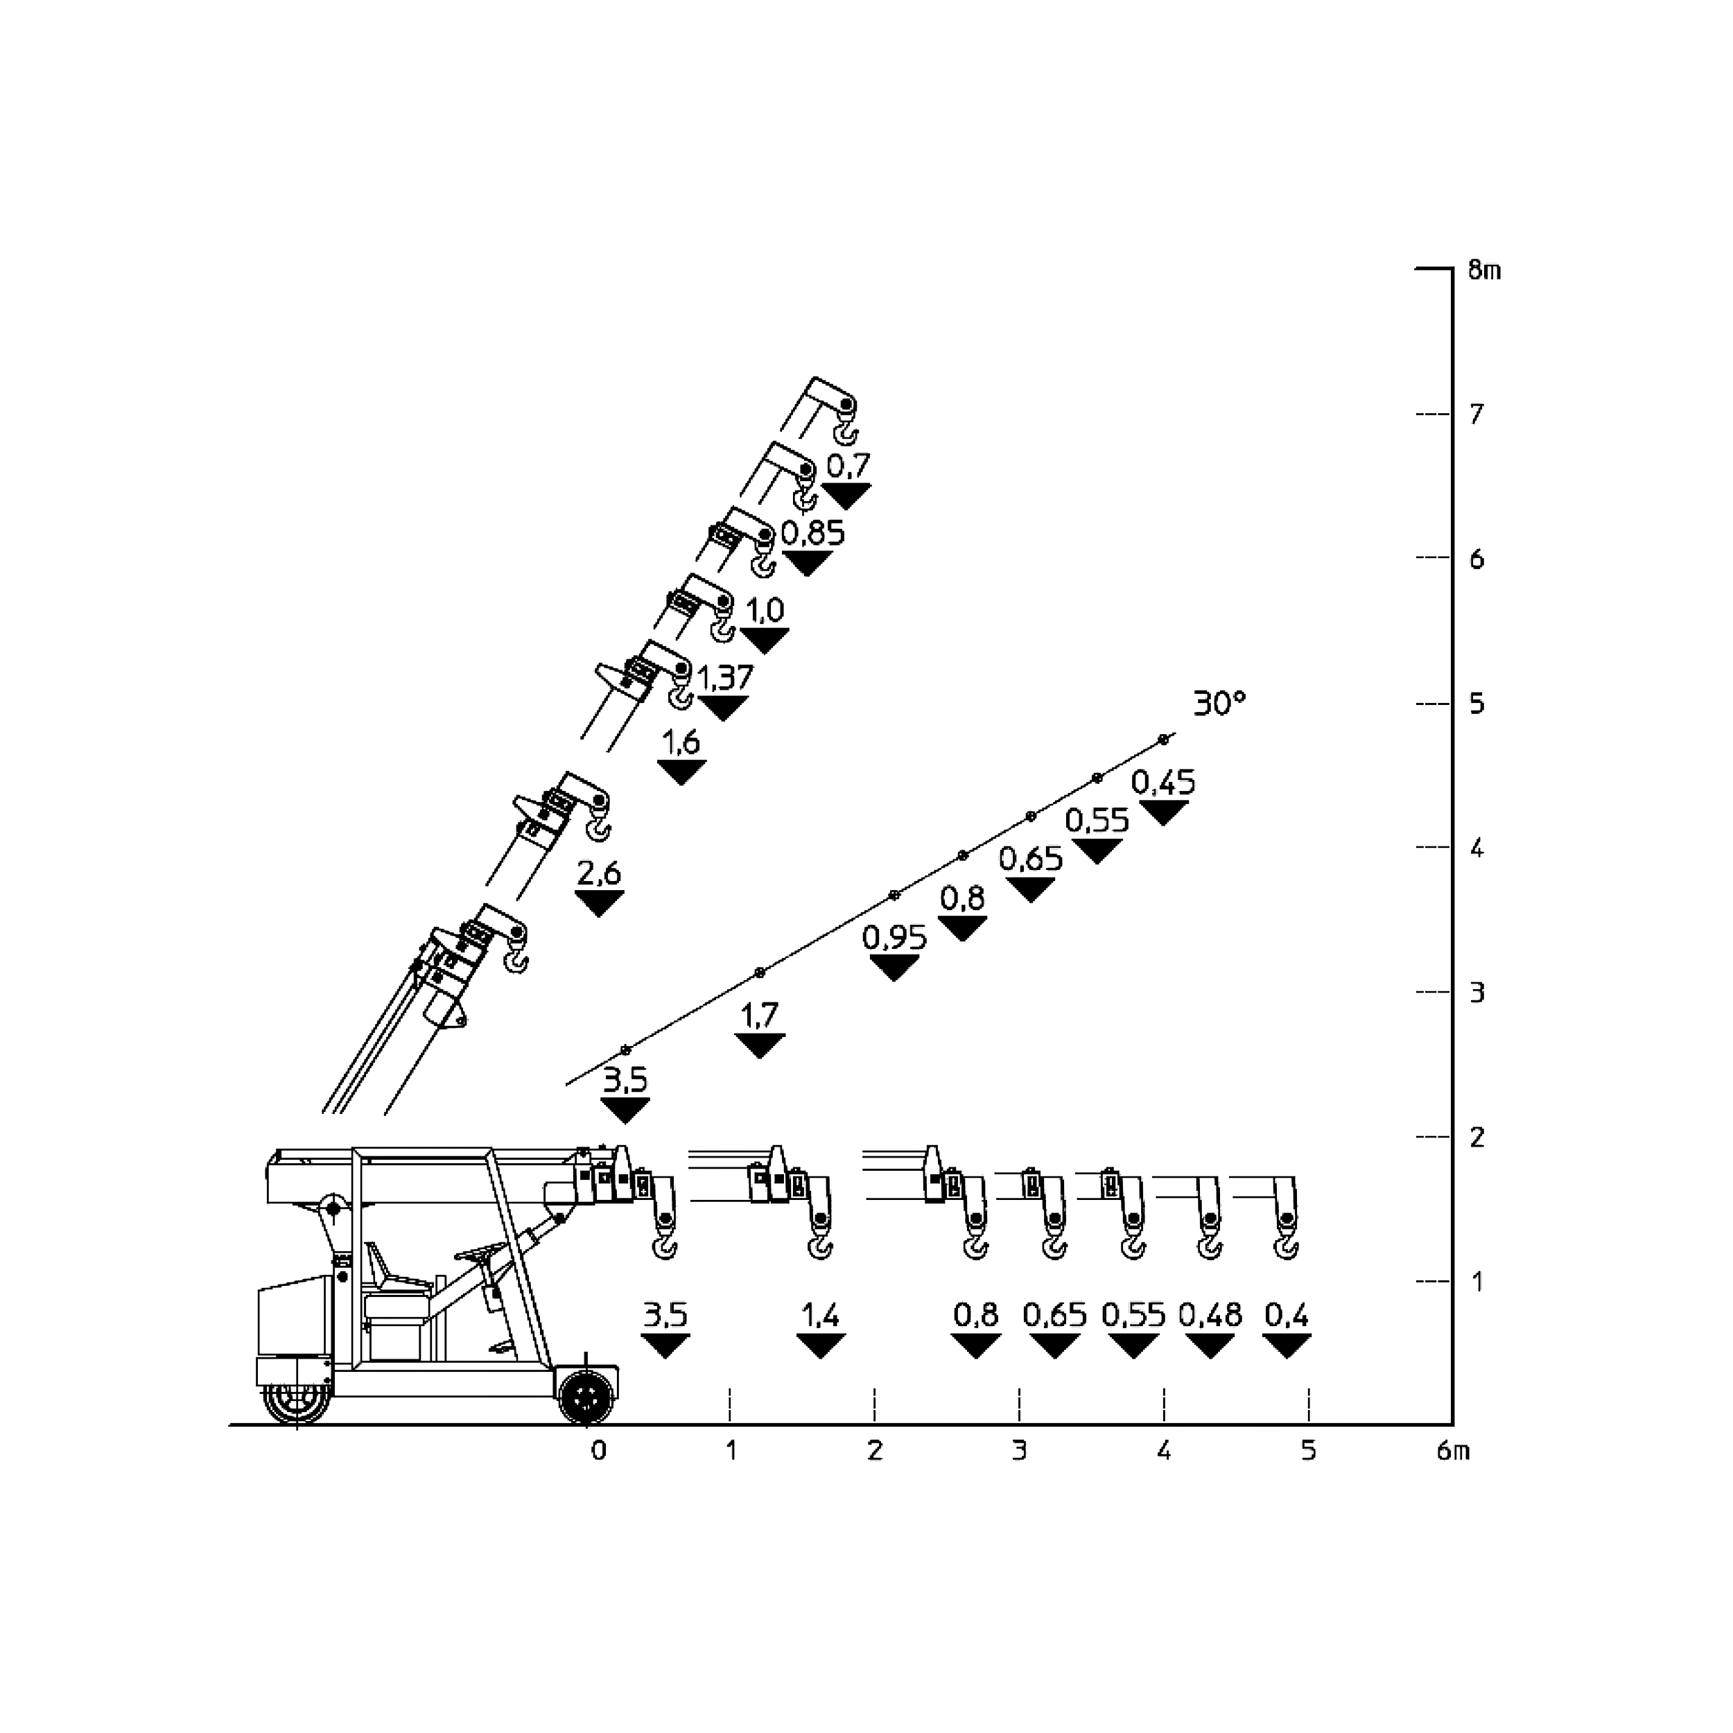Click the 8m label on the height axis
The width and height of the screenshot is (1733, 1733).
coord(1485,270)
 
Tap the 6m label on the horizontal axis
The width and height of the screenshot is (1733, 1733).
coord(1453,1452)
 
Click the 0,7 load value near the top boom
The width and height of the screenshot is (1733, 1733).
coord(848,467)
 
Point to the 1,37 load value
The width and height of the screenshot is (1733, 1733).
coord(726,677)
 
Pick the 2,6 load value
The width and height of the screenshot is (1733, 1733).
coord(599,873)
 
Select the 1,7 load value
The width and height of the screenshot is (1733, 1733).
coord(760,1016)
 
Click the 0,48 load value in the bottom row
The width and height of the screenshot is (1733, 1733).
coord(1210,1316)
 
